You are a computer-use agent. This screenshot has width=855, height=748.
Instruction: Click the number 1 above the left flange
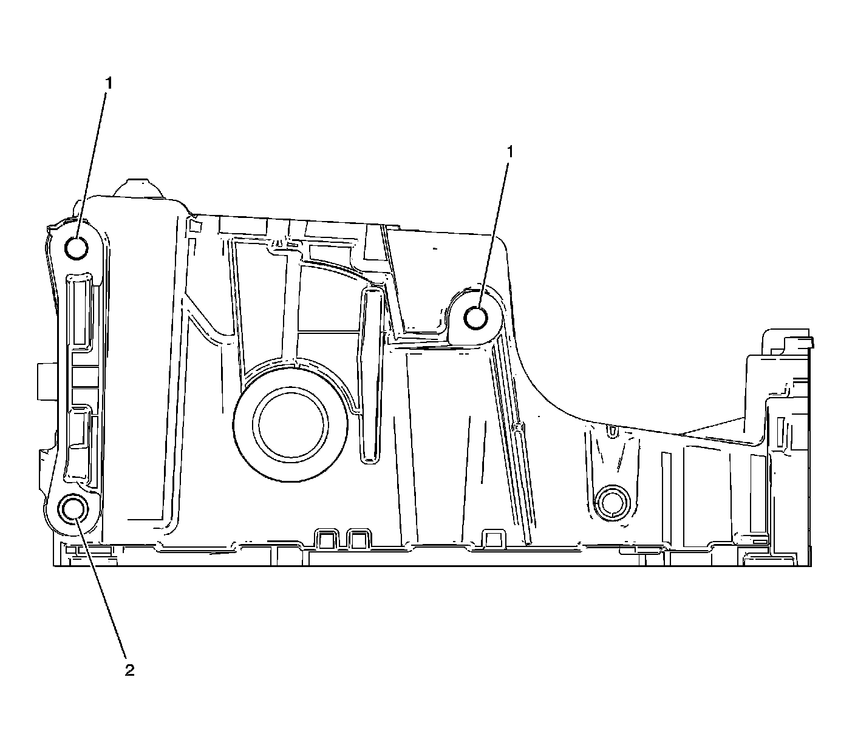pos(109,84)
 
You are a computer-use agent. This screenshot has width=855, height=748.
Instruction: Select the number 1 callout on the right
pos(510,152)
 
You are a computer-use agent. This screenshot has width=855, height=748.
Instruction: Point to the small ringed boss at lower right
pos(611,502)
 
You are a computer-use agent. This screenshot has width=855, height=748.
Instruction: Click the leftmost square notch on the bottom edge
pos(326,539)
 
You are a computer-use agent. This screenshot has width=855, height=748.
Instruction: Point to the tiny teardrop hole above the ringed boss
pos(612,431)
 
